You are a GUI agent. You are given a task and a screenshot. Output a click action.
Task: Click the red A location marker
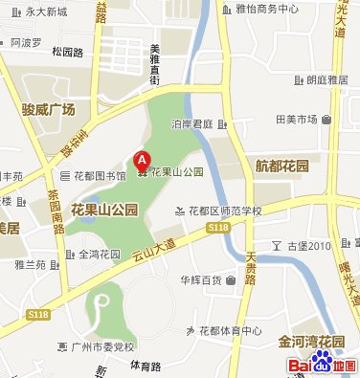pyautogui.click(x=142, y=161)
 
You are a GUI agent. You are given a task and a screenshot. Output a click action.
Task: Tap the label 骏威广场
pyautogui.click(x=47, y=110)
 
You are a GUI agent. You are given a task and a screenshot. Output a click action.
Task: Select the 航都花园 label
pyautogui.click(x=281, y=166)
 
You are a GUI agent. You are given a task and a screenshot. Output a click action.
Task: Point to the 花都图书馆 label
pyautogui.click(x=99, y=176)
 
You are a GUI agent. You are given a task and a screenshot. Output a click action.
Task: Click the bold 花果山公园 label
pyautogui.click(x=104, y=208)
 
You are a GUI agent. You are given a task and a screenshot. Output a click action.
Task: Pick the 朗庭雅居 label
pyautogui.click(x=326, y=80)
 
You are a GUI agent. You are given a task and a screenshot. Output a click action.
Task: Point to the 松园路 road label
pyautogui.click(x=68, y=52)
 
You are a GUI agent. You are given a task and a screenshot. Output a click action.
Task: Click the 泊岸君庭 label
pyautogui.click(x=191, y=123)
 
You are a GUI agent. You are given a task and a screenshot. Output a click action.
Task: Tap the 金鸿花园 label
pyautogui.click(x=99, y=255)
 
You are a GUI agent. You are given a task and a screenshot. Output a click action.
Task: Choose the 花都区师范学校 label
pyautogui.click(x=224, y=211)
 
